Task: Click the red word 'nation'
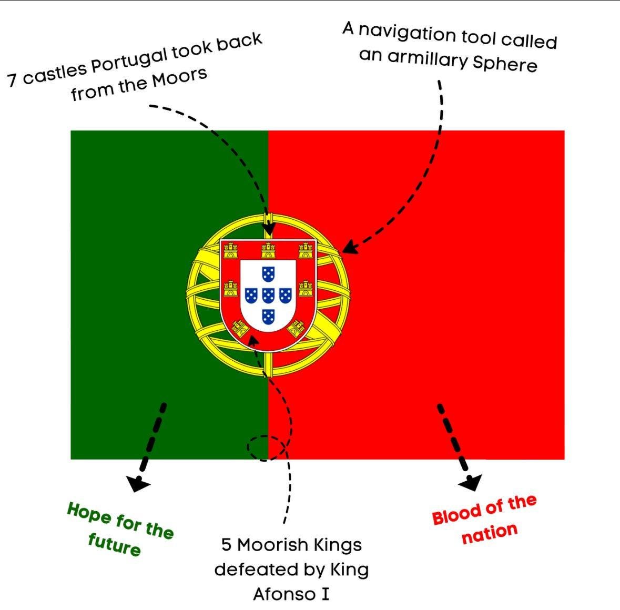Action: click(x=489, y=533)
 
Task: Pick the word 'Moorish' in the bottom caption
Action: click(x=272, y=545)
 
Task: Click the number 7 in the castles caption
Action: click(x=13, y=80)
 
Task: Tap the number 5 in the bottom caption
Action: click(x=226, y=545)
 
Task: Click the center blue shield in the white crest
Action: click(x=268, y=294)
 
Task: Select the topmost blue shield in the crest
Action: click(x=268, y=273)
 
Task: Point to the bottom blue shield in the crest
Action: click(x=268, y=316)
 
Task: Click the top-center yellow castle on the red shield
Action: click(x=268, y=250)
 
